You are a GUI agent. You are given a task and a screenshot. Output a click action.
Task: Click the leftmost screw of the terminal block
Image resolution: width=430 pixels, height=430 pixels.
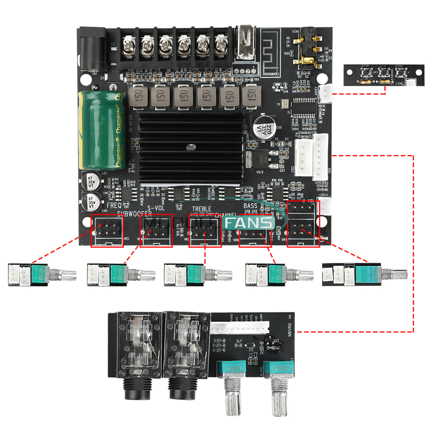pos(129,43)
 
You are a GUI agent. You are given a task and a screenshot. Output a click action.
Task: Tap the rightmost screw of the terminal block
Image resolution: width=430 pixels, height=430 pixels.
pos(221,43)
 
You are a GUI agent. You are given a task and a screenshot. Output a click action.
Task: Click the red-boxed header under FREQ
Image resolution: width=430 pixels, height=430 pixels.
pos(107,230)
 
